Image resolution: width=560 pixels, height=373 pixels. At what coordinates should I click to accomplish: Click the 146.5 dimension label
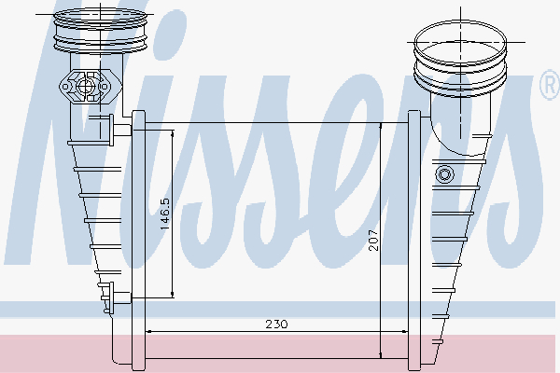tap(164, 214)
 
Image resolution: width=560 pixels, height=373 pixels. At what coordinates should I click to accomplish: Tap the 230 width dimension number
tap(276, 324)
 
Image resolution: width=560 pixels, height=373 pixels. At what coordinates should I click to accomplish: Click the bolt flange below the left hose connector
tap(90, 89)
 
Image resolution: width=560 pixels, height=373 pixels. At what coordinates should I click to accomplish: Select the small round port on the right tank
tap(443, 173)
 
